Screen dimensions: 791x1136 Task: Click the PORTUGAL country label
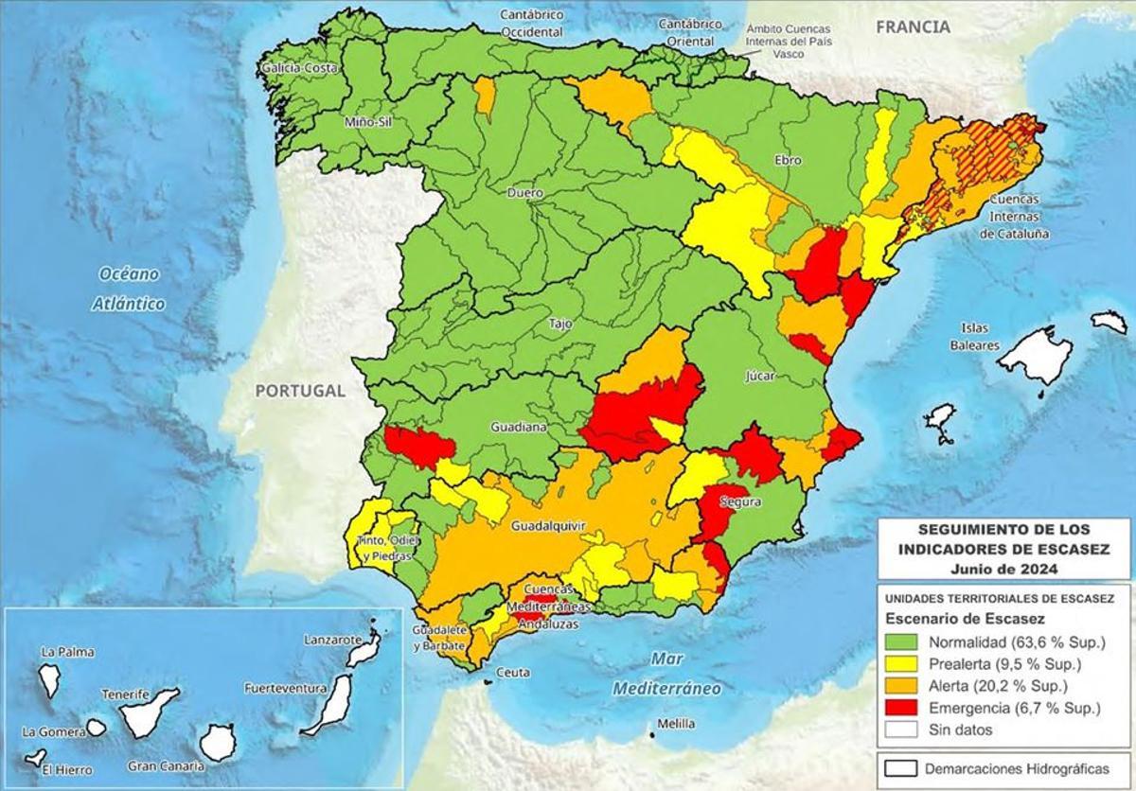pos(299,390)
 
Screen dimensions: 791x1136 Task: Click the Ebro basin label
pos(788,160)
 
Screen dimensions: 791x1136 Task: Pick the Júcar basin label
pos(759,376)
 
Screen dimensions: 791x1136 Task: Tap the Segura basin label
pos(739,501)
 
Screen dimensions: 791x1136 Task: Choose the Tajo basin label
pos(560,324)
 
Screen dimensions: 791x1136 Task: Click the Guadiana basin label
pos(518,428)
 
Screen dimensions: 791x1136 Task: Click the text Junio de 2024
pos(1004,569)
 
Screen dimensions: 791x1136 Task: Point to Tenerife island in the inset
pos(149,712)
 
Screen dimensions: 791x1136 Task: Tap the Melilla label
pos(675,724)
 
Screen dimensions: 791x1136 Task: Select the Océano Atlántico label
pos(129,289)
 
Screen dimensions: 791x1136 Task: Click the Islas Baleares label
pos(975,337)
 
